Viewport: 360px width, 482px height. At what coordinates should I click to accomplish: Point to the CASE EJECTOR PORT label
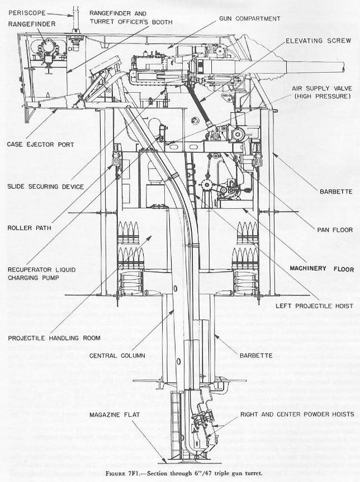click(x=37, y=145)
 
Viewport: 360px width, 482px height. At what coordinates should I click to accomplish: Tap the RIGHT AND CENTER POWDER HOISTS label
click(x=297, y=414)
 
